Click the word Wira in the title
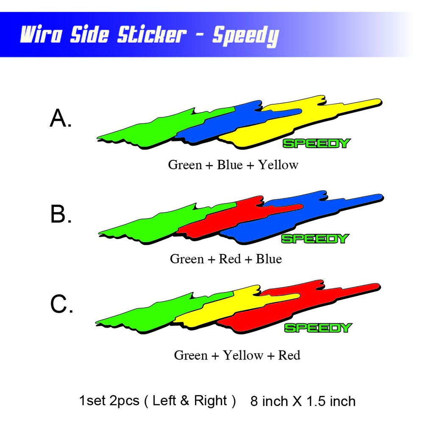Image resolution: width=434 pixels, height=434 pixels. [41, 35]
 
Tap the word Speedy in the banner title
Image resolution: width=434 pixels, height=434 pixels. [246, 36]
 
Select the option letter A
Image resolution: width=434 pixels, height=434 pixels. [61, 118]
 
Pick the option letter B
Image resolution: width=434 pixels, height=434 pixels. [61, 214]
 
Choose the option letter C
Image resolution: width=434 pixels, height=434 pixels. [62, 303]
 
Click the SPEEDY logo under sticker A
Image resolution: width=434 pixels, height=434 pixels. [317, 143]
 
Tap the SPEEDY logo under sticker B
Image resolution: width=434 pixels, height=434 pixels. [315, 239]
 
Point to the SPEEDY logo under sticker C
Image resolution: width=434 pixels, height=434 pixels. [318, 328]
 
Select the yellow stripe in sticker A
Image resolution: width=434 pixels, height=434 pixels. [299, 122]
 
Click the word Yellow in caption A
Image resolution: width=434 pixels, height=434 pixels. [278, 165]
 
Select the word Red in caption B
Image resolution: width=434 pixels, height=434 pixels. [230, 259]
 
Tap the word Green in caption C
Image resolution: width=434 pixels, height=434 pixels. [191, 355]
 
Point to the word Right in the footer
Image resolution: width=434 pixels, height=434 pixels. [210, 401]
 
